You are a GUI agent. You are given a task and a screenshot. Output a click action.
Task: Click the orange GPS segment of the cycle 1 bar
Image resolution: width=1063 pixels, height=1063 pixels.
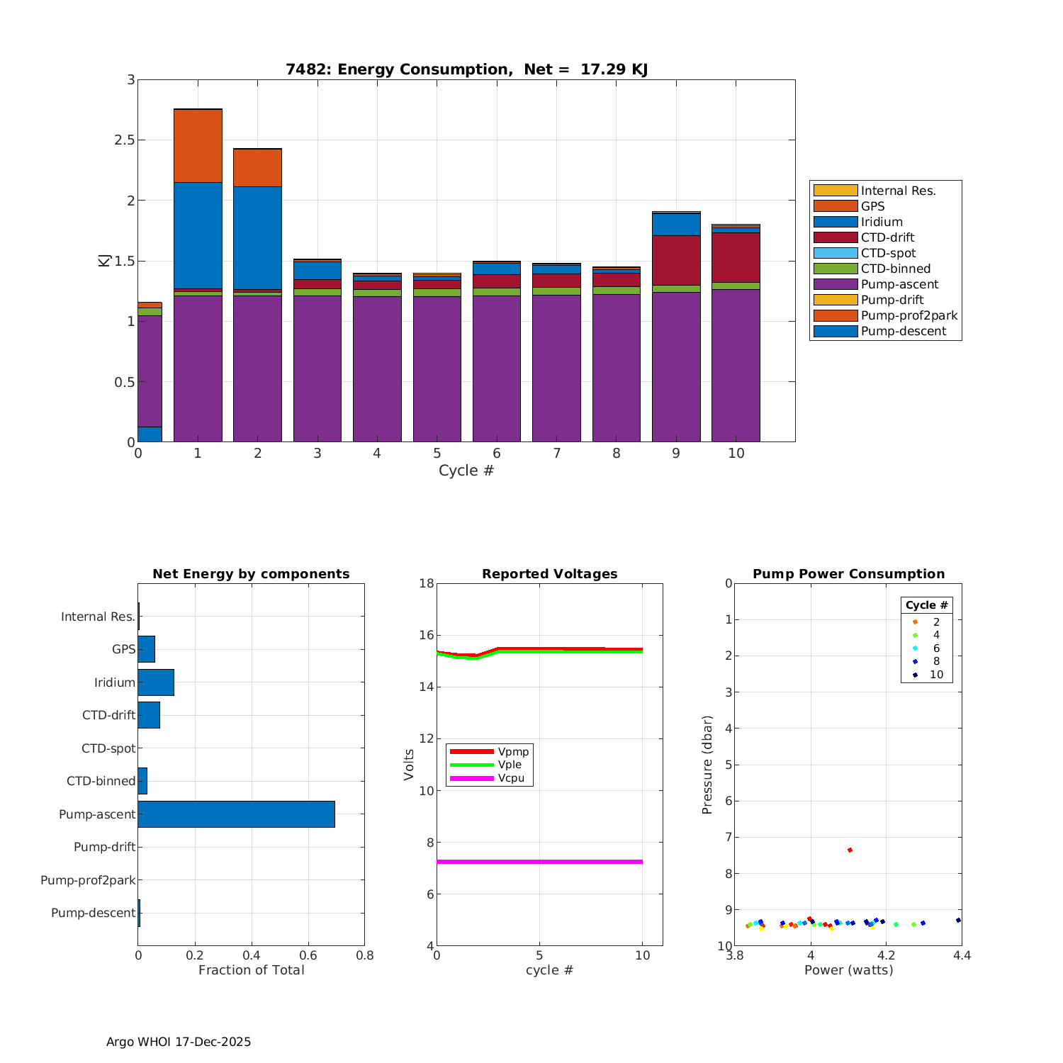tap(198, 145)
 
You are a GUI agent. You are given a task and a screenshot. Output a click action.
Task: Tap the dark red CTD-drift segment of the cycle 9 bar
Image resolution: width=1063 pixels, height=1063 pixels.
tap(676, 260)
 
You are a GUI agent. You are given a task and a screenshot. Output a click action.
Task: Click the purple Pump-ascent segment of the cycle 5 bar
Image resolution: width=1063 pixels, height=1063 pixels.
tap(437, 369)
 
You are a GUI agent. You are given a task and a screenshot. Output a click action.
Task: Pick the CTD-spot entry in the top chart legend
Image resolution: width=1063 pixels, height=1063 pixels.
tap(888, 253)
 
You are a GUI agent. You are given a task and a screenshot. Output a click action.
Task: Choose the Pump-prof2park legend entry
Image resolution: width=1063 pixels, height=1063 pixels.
tap(909, 315)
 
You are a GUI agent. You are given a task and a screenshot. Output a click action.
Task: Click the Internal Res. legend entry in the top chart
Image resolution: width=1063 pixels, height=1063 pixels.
tap(898, 191)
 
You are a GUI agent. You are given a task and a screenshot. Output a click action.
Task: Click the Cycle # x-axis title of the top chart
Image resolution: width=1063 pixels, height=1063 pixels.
tap(466, 471)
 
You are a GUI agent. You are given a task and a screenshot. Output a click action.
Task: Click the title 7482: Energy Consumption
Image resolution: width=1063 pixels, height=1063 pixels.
tap(466, 69)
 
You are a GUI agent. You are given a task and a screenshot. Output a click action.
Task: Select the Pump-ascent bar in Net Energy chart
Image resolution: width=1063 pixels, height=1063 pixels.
tap(236, 814)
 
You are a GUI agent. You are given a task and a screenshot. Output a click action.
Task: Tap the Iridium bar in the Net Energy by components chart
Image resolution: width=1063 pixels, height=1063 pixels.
tap(156, 682)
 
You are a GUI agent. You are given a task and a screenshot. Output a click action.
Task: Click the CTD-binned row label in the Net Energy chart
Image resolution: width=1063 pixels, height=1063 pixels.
tap(101, 781)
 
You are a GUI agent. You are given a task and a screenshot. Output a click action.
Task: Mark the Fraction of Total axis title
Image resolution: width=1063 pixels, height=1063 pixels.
tap(251, 970)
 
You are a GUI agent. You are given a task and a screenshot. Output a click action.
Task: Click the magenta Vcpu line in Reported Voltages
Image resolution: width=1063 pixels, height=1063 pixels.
tap(539, 862)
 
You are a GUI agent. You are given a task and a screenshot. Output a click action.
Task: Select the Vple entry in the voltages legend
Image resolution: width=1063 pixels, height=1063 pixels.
tap(510, 765)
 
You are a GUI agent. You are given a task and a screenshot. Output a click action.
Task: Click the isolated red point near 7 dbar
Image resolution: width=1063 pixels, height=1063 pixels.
tap(850, 850)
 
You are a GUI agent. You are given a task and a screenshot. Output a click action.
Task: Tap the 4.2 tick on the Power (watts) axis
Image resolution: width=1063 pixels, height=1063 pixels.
tap(887, 955)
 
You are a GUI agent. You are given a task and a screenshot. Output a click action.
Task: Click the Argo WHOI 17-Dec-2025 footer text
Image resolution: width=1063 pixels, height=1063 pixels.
tap(179, 1042)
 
